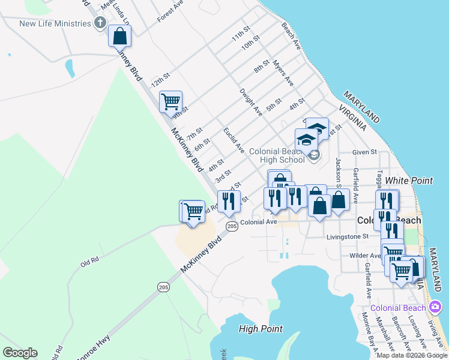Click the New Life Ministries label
coord(55,24)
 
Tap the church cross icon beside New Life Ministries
coord(100,23)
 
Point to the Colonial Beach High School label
coord(277,156)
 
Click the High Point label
coord(260,328)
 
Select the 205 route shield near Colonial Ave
coord(232,226)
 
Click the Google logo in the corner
coord(20,353)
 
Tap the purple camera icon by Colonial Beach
coord(435,308)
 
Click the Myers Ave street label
coord(283,71)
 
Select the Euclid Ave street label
coord(234,139)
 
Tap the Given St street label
coord(364,152)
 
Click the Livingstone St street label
coord(348,236)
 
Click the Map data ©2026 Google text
coord(412,355)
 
